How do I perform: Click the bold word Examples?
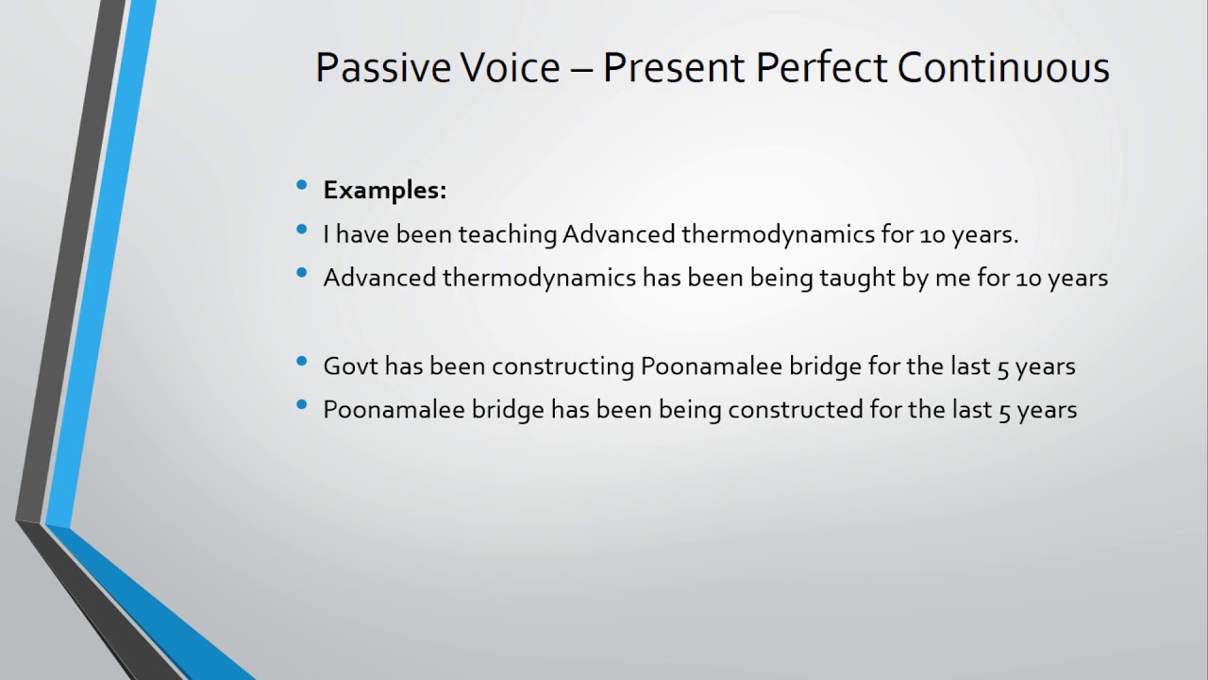coord(384,190)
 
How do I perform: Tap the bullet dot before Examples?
coord(302,186)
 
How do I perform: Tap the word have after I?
coord(358,234)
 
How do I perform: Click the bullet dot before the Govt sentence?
coord(302,362)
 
